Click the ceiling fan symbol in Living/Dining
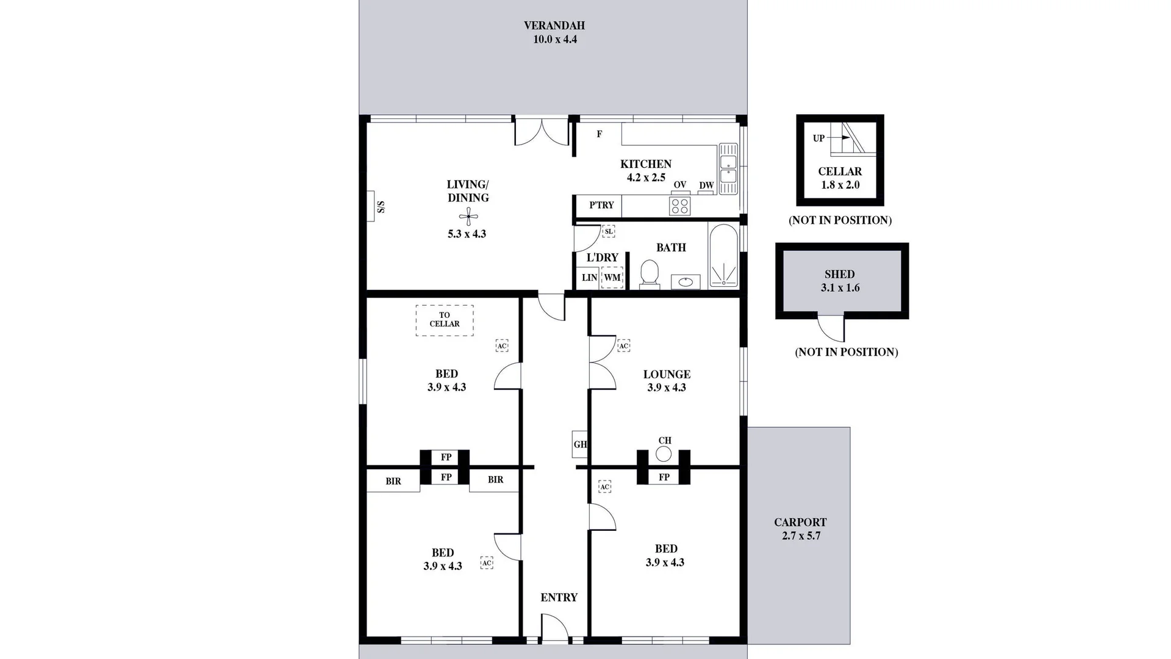pos(468,216)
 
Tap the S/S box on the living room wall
pos(371,206)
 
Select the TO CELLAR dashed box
pos(445,320)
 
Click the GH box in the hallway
pos(579,444)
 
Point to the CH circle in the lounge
pos(664,454)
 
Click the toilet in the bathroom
pos(650,274)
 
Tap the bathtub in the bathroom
pos(723,255)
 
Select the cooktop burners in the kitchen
pos(679,206)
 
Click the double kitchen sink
pos(728,169)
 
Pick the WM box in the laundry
pos(612,278)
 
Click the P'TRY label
pos(601,205)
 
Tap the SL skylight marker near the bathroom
pos(608,231)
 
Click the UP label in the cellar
pos(818,139)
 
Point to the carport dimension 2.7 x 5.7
pos(801,536)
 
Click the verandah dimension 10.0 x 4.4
pos(554,40)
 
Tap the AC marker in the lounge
pos(623,346)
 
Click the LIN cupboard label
pos(589,278)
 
